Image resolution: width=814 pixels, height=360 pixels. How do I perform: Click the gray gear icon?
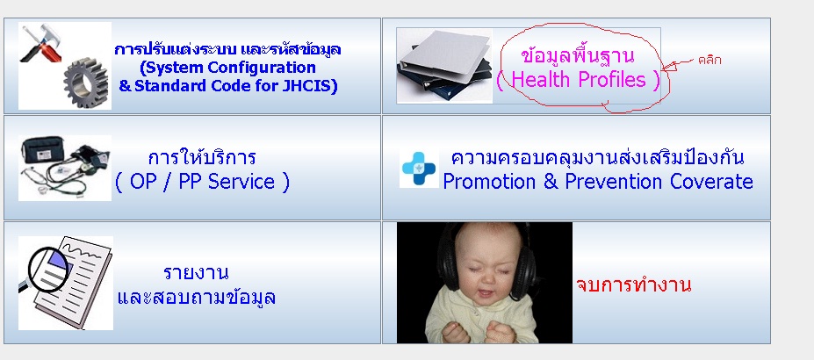[x=86, y=83]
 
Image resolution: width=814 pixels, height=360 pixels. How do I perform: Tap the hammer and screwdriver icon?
[x=41, y=42]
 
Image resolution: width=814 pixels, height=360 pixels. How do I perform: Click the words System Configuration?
[x=228, y=68]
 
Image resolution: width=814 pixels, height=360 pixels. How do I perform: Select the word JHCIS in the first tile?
[x=309, y=85]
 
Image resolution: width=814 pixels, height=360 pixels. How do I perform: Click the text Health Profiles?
[x=579, y=79]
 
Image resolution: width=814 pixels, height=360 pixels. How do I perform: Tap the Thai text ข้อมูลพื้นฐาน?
[x=577, y=54]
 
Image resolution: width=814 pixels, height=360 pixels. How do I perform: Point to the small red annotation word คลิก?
[x=710, y=60]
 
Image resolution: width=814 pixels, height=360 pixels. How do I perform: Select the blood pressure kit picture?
[x=65, y=168]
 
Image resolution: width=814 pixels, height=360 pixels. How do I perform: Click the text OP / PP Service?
[x=202, y=182]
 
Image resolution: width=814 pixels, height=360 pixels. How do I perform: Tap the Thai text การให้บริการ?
[x=202, y=157]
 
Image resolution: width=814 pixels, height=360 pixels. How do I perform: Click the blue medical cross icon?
[x=419, y=168]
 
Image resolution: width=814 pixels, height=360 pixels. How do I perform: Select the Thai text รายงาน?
[x=196, y=272]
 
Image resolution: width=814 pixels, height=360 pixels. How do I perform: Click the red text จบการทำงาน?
[x=633, y=284]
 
